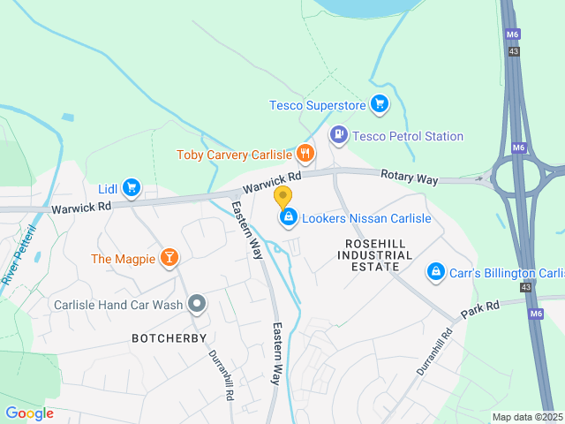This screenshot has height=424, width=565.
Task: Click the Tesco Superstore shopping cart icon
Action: pos(380,105)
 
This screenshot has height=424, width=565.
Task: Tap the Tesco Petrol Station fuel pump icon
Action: pos(338,135)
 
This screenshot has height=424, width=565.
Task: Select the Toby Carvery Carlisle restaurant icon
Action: pos(305,154)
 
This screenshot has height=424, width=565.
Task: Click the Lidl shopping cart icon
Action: pos(132,187)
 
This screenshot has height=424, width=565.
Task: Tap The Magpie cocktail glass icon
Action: pos(168,258)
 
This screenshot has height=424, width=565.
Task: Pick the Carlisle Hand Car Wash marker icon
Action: pos(197,305)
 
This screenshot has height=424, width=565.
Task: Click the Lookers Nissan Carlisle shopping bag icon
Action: pos(288,217)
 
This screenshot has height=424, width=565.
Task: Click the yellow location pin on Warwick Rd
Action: pos(283,196)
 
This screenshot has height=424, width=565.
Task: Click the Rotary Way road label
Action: pos(409,178)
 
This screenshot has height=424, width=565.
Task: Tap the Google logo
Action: pos(29,413)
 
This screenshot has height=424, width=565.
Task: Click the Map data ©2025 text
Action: pos(526,417)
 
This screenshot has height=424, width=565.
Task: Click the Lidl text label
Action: pos(108,188)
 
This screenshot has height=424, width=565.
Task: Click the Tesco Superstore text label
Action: pos(317,106)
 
